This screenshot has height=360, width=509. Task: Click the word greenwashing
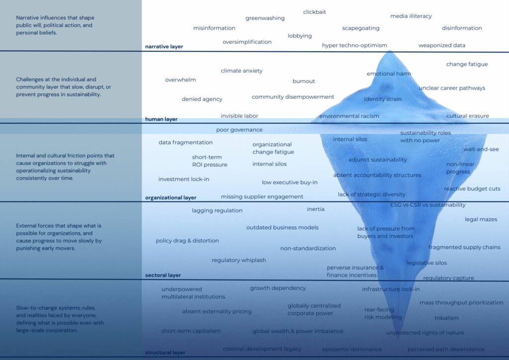click(265, 18)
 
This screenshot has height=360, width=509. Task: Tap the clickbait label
click(315, 12)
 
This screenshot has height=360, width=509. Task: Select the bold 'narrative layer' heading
click(164, 47)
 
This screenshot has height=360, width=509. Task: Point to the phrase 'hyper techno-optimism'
click(354, 45)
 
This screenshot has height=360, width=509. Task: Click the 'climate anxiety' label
click(242, 71)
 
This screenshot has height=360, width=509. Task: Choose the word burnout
click(304, 81)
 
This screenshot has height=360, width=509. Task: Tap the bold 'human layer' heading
click(161, 119)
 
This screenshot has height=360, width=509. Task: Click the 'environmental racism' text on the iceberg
click(349, 116)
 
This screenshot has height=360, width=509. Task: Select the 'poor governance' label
click(239, 130)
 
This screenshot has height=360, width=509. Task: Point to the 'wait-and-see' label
click(481, 149)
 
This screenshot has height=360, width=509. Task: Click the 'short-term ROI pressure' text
click(210, 161)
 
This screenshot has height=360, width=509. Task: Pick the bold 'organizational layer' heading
click(170, 198)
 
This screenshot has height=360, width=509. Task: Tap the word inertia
click(316, 209)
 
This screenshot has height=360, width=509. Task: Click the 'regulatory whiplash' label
click(239, 260)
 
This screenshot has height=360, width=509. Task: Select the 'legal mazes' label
click(481, 219)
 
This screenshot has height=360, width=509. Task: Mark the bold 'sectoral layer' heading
click(163, 275)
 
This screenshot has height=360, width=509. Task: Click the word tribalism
click(446, 318)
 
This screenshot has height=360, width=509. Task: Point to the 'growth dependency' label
click(278, 288)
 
